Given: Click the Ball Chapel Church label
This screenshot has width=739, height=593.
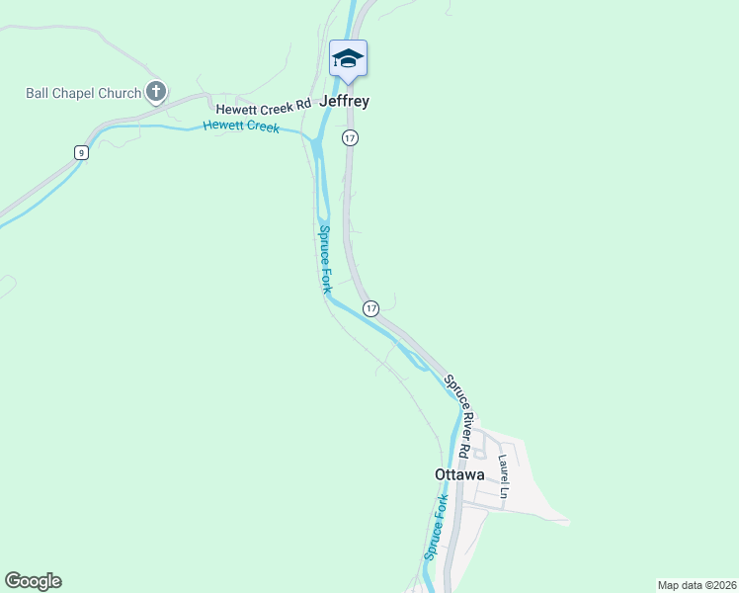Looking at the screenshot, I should (x=83, y=94).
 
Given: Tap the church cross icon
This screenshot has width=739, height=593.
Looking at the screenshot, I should (x=155, y=93).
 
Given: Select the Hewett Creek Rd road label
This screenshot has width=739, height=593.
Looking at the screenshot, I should (x=264, y=103).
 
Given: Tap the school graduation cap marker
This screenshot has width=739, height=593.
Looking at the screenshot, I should (x=348, y=59).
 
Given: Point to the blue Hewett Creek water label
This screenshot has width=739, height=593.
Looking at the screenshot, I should (x=241, y=127).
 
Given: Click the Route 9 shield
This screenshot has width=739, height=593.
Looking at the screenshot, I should (x=81, y=151).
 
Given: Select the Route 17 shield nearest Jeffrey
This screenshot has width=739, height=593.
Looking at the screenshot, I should (x=350, y=138).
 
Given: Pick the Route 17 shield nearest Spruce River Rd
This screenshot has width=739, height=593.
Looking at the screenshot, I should (x=370, y=308).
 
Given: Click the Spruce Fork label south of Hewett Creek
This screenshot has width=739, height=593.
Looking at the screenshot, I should (x=323, y=259).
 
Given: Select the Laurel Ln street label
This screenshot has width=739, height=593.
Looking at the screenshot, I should (x=503, y=474).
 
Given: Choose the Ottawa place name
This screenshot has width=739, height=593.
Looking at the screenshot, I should (x=459, y=474).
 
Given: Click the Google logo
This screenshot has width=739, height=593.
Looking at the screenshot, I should (x=33, y=581).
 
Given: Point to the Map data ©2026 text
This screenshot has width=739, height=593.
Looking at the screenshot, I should (x=697, y=584).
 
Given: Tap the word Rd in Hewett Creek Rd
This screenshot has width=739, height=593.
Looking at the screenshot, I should (x=302, y=103).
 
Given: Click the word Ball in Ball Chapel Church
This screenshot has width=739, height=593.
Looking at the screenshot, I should (x=38, y=94).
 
